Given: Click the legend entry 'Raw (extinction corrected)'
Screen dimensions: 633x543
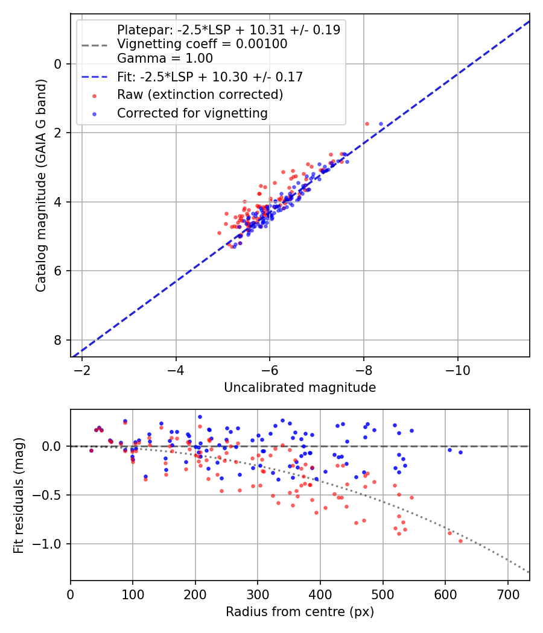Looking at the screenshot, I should (200, 95).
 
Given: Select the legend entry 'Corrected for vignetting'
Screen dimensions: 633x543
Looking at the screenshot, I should (192, 113).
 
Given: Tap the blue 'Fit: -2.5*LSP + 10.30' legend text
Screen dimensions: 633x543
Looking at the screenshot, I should (209, 77).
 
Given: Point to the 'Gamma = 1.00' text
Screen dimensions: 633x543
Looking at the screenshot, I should (165, 58).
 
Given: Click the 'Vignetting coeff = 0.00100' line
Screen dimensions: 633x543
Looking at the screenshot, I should (202, 44).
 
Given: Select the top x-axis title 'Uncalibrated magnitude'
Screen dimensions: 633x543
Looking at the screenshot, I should (300, 388).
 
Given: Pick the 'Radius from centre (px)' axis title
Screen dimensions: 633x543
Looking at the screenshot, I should (300, 612).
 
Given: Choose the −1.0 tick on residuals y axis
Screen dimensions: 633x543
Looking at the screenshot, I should (53, 544).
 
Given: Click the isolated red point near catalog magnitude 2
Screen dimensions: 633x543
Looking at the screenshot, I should (367, 124).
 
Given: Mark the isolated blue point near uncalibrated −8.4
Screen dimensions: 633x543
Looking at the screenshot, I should (381, 124).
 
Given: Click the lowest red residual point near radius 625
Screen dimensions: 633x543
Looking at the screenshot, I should (460, 541).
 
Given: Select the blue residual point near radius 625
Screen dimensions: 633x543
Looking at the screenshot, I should (460, 452).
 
